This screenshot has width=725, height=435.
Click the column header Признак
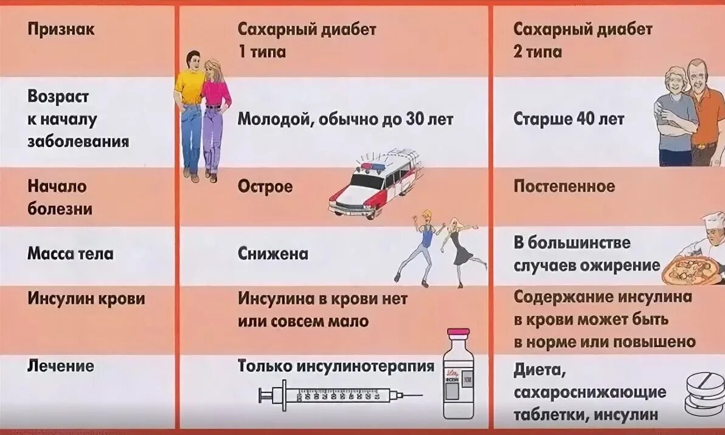tap(61, 29)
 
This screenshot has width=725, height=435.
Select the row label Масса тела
tap(70, 253)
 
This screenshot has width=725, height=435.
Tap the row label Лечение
tap(61, 366)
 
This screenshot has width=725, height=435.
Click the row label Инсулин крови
tap(86, 299)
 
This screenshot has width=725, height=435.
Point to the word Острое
tap(265, 186)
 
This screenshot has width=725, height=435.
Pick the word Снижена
tap(272, 254)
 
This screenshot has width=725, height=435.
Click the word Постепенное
tap(564, 186)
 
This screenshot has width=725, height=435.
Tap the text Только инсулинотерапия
tap(336, 366)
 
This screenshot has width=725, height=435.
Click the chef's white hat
tap(713, 220)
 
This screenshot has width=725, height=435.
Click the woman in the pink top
tap(215, 115)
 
